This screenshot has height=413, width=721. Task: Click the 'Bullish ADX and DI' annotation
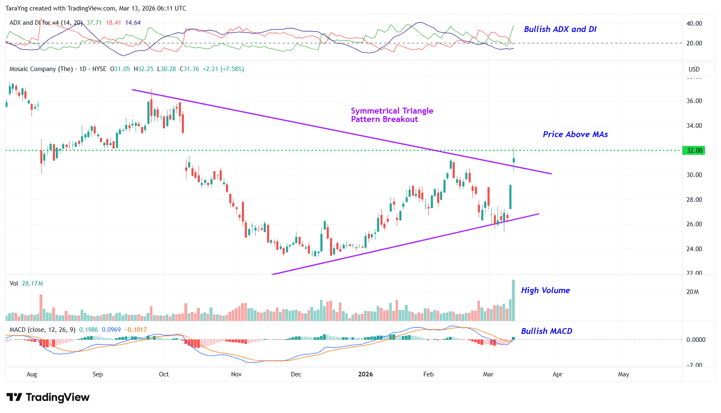560,29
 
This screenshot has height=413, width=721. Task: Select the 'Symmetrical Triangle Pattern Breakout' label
392,115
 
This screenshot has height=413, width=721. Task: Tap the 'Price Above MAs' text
575,134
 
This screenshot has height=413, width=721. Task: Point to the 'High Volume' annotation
545,290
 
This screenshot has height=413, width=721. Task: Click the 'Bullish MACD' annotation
546,331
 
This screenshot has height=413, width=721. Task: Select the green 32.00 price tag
694,151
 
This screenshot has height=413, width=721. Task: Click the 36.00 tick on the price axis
694,101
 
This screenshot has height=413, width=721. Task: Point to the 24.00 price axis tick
694,249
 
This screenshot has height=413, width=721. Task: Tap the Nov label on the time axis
236,374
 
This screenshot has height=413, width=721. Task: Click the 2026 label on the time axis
365,374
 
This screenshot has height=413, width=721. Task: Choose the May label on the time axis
624,374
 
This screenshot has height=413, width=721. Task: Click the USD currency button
694,69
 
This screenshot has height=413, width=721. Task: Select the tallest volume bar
513,300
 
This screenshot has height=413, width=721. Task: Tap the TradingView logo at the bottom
48,397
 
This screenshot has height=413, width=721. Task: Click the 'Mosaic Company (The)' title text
41,69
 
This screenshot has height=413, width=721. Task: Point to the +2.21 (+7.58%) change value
223,69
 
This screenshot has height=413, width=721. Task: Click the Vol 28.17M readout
26,283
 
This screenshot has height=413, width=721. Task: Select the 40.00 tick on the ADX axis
694,24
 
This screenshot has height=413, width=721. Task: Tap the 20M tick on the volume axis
692,292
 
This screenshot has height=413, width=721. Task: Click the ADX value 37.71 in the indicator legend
94,23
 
